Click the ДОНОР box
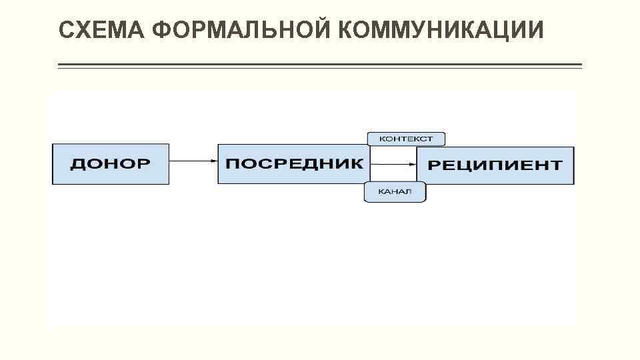(x=111, y=164)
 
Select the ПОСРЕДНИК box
(x=293, y=164)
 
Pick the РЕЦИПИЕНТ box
(x=495, y=165)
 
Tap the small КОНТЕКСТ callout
(x=406, y=139)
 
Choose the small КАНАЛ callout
(x=395, y=192)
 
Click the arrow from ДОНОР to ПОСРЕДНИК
(x=193, y=161)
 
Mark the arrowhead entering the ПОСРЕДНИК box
(x=214, y=161)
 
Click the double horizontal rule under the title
(x=320, y=65)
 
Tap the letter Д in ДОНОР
(x=78, y=164)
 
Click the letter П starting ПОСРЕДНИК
(x=232, y=163)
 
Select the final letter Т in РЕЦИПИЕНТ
(x=555, y=165)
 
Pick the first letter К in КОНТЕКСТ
(x=383, y=139)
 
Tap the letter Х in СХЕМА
(x=83, y=30)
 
